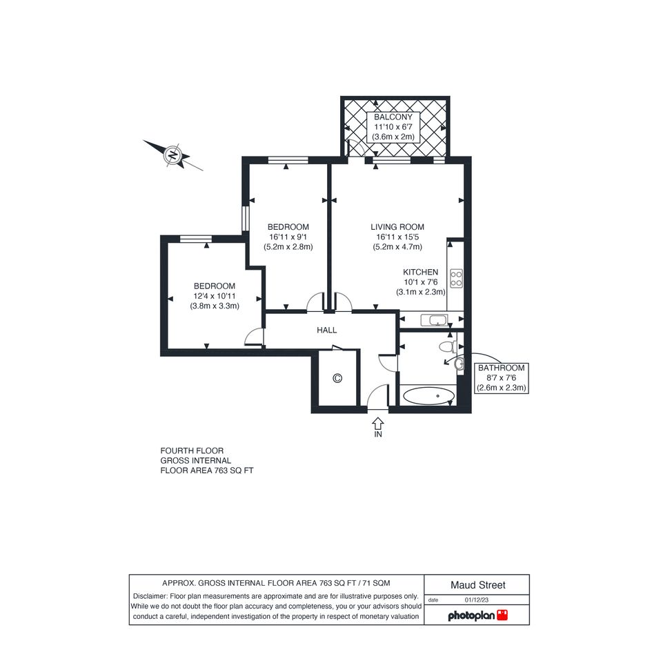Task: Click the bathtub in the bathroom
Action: (428, 396)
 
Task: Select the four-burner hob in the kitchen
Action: (456, 278)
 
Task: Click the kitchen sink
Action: (434, 320)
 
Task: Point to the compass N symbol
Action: (172, 155)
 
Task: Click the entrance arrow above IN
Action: (377, 424)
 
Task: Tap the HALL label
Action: (327, 330)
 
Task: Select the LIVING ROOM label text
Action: (397, 227)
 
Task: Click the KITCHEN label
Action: (420, 272)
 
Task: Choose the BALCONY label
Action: (393, 117)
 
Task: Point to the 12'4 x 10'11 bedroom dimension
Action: (215, 296)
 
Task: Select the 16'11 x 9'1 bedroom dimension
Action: (288, 237)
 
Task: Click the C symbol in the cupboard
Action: (337, 378)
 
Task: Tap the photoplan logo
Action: (477, 615)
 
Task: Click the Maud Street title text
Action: (477, 585)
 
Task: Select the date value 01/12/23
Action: (477, 600)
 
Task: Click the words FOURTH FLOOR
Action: (192, 451)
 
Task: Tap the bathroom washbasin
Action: (459, 364)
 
